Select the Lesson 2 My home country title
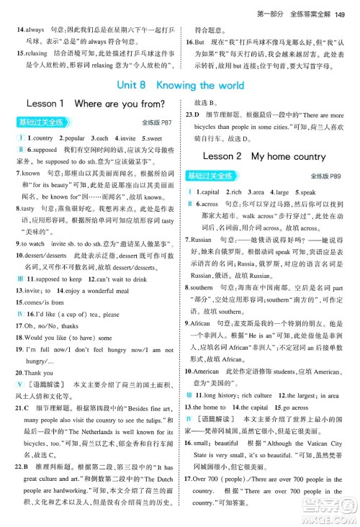tap(264, 156)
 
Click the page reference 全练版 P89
tap(334, 175)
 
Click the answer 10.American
tap(208, 373)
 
